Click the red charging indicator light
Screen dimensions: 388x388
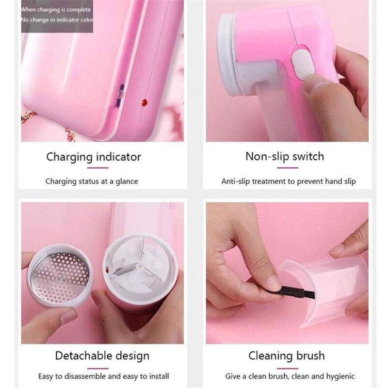tap(144, 102)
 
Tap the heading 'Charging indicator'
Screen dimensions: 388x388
tap(94, 157)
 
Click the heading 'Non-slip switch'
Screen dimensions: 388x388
tap(284, 156)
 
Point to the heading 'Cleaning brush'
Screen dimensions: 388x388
tap(286, 356)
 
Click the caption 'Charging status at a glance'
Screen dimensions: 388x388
tap(92, 181)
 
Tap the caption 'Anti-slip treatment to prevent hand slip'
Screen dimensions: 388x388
tap(289, 181)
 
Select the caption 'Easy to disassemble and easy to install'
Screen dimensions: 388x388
tap(104, 376)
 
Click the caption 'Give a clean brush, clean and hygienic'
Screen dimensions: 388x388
tap(290, 376)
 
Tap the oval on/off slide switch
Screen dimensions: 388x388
tap(302, 63)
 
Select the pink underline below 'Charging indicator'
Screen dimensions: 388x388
tap(97, 168)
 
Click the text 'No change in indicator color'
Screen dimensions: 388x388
tap(57, 20)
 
